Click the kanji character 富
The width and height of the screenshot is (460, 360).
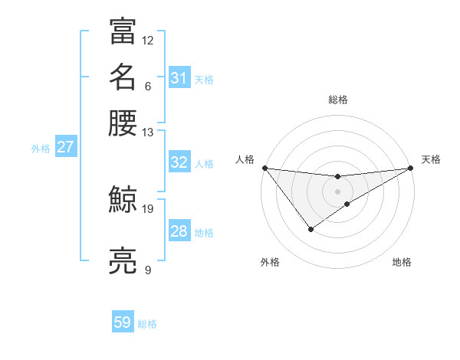[x=123, y=31]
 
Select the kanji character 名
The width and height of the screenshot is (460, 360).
[x=123, y=77]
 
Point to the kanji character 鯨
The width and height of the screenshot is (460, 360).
[x=123, y=200]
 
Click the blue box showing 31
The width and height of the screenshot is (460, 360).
[x=179, y=77]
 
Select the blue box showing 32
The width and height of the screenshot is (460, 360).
[x=179, y=162]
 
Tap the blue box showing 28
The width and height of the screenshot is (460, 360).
[x=179, y=231]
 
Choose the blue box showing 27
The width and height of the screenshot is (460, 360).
[x=65, y=147]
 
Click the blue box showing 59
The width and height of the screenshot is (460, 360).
[x=123, y=322]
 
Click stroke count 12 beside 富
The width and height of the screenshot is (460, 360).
[x=148, y=40]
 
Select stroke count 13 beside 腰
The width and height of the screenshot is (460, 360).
[x=148, y=132]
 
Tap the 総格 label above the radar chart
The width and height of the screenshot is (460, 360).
[x=338, y=100]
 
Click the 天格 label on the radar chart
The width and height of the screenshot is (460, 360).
[x=431, y=159]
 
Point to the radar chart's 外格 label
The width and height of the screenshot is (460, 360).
[x=270, y=262]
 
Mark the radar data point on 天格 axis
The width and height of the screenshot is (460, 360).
[x=411, y=168]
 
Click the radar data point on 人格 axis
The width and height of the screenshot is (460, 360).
[x=264, y=168]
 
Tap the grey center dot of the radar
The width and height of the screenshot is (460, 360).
[x=337, y=191]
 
